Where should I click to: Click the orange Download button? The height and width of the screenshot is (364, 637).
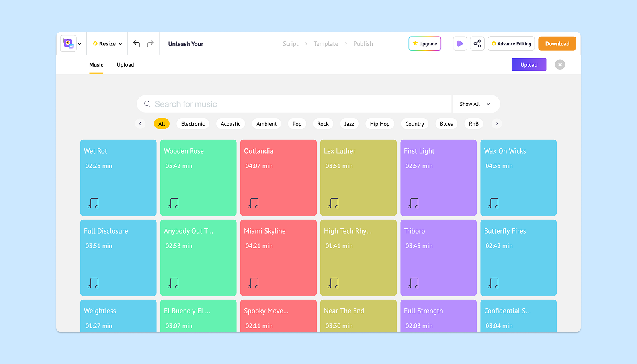click(557, 43)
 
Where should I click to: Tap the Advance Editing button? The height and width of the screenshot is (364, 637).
click(511, 43)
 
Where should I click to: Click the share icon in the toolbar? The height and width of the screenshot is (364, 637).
click(477, 43)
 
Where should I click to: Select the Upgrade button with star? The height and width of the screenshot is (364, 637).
click(425, 43)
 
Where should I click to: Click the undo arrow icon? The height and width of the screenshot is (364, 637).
click(137, 43)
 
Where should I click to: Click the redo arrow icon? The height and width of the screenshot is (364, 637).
click(150, 43)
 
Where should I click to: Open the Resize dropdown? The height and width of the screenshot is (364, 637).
click(107, 43)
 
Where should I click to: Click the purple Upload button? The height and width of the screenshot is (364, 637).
click(529, 65)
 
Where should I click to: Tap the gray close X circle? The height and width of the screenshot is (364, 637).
click(560, 65)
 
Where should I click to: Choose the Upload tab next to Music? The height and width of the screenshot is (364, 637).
click(125, 65)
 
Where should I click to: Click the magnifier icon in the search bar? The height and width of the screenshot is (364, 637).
click(147, 104)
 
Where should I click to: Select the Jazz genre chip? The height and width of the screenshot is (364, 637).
click(349, 124)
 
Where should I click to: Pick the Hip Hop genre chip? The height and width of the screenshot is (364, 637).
click(380, 124)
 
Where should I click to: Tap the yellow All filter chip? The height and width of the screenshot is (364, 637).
click(162, 124)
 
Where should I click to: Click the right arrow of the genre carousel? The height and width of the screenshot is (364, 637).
click(496, 124)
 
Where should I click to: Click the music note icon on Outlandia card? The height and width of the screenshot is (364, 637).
click(253, 203)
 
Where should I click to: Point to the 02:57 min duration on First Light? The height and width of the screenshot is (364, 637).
click(418, 166)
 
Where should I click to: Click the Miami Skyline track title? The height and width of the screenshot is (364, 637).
click(264, 231)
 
